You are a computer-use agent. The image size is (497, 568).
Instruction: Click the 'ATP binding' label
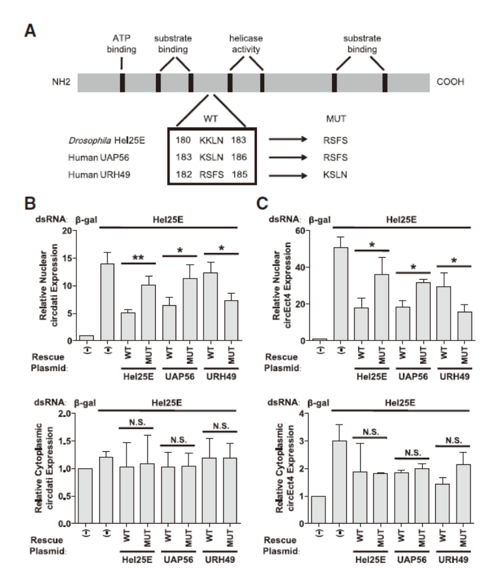pos(121,41)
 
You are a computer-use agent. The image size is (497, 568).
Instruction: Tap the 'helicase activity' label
pos(245,41)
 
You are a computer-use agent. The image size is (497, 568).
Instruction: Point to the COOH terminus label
pos(452,83)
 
